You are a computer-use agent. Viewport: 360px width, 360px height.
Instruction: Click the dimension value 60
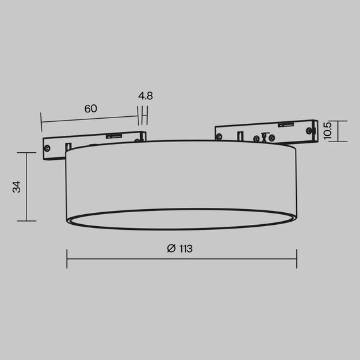coord(90,108)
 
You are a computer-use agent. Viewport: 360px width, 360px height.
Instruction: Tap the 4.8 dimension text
coord(145,96)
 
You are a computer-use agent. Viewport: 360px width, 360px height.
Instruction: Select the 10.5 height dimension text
coord(327,131)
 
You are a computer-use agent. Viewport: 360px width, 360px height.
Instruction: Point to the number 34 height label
coord(17,186)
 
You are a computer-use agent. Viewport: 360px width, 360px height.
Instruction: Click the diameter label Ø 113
coord(180,248)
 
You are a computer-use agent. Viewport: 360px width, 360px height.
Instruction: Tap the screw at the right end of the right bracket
coord(309,129)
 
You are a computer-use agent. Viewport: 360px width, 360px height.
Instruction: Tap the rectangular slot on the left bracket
coord(136,137)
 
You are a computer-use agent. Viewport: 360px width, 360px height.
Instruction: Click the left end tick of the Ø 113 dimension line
coord(67,258)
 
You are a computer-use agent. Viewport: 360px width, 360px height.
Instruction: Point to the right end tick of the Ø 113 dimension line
coord(296,258)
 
